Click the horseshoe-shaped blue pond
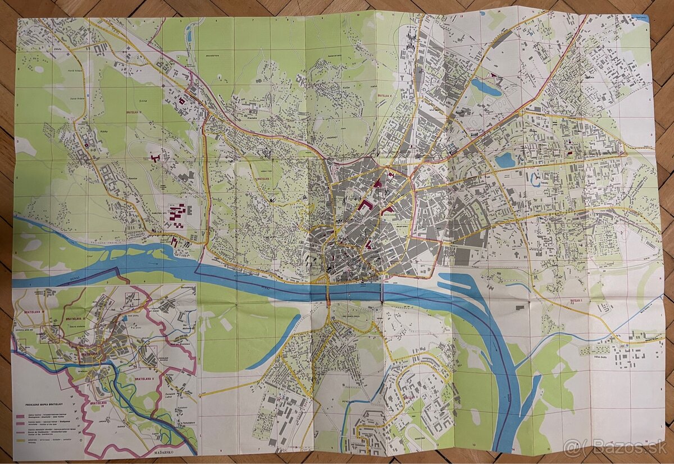(x=534, y=179)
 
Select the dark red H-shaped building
(x=156, y=158)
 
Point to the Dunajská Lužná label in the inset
(x=172, y=393)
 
